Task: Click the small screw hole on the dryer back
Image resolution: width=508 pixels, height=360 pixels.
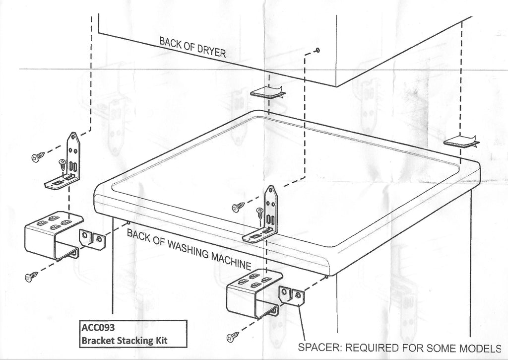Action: pyautogui.click(x=317, y=50)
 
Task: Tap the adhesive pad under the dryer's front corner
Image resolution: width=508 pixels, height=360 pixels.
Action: pyautogui.click(x=266, y=92)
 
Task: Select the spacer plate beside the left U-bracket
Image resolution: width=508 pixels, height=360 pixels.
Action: pyautogui.click(x=93, y=239)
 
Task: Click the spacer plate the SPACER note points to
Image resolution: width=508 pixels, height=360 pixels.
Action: pyautogui.click(x=292, y=296)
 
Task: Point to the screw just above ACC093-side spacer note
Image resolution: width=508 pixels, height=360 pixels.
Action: pyautogui.click(x=232, y=338)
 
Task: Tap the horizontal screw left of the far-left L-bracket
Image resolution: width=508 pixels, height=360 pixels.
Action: pyautogui.click(x=38, y=157)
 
